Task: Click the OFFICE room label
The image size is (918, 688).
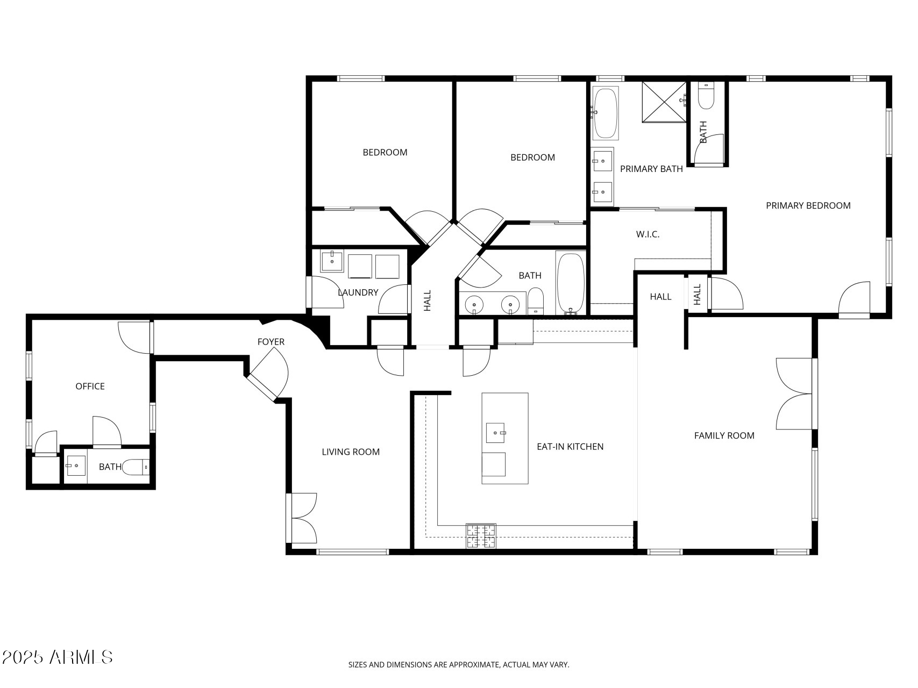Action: pos(90,386)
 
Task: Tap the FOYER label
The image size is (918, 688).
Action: pos(271,342)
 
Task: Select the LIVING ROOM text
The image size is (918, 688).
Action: pos(351,452)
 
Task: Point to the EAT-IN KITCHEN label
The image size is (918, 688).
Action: pos(570,447)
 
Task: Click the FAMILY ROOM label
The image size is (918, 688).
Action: pos(724,435)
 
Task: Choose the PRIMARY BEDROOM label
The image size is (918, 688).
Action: pos(808,205)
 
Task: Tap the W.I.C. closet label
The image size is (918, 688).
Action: pos(647,234)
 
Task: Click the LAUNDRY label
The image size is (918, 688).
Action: pos(358,292)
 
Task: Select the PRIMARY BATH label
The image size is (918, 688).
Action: pos(651,169)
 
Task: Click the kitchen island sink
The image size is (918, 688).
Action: pos(496,433)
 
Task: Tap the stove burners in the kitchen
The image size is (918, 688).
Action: pos(481,536)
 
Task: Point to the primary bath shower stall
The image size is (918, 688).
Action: pos(665,102)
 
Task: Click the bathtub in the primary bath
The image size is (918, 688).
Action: pos(606,113)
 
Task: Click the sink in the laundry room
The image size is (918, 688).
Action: pos(332,261)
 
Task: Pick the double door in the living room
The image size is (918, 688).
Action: pos(302,519)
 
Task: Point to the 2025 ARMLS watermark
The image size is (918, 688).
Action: pos(57,657)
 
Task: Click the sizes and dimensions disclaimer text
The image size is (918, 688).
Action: pos(459,665)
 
